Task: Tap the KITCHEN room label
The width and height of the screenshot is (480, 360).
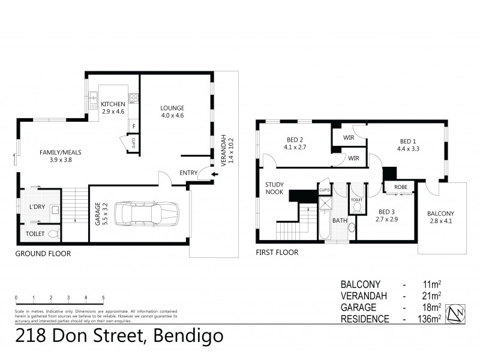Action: coord(113,104)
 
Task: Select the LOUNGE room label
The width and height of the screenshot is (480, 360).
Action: coord(172,108)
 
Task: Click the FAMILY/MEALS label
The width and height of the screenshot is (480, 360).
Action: coord(61,152)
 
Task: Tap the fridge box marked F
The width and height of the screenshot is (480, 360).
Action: coord(134,125)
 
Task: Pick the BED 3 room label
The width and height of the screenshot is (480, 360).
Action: coord(386,211)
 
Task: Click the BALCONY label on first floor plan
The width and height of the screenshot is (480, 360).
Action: coord(440,214)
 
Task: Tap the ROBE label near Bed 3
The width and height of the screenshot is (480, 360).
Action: coord(401,187)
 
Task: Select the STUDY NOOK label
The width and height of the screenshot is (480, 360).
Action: coord(274,188)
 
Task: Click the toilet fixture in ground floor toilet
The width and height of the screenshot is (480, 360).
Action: coord(52,233)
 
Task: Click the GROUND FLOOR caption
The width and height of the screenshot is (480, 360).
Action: coord(43,254)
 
